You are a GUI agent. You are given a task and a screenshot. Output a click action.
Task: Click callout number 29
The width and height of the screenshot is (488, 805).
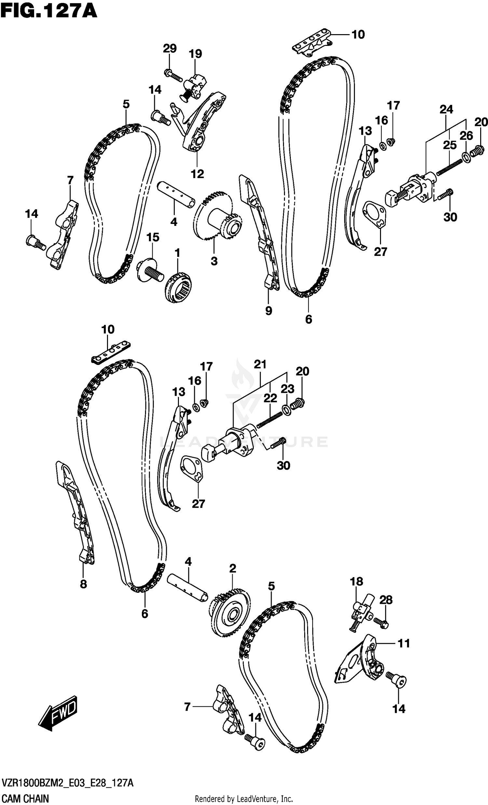169,49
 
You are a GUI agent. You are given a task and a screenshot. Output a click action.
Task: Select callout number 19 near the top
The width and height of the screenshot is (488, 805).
195,54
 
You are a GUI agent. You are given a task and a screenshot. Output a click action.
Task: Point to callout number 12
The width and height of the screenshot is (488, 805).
197,174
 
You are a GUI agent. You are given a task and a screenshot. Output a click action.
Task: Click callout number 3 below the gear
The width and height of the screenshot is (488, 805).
214,261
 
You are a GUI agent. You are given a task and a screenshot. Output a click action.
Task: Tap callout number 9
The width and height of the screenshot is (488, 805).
268,310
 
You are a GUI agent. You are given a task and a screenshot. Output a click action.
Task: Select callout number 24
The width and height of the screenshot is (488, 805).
446,109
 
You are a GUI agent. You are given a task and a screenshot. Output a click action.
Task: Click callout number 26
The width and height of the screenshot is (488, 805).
466,135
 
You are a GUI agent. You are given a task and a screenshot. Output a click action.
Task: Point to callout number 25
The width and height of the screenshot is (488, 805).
450,145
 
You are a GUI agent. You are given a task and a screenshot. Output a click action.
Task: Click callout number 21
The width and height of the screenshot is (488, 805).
260,364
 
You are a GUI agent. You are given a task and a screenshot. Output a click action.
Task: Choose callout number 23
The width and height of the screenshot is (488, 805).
287,388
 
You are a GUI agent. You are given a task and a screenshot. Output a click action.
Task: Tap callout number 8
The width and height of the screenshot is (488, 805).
83,584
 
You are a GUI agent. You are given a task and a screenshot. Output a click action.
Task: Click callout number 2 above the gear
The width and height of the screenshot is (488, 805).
232,568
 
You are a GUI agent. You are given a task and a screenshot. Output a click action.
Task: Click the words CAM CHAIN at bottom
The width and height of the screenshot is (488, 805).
25,799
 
